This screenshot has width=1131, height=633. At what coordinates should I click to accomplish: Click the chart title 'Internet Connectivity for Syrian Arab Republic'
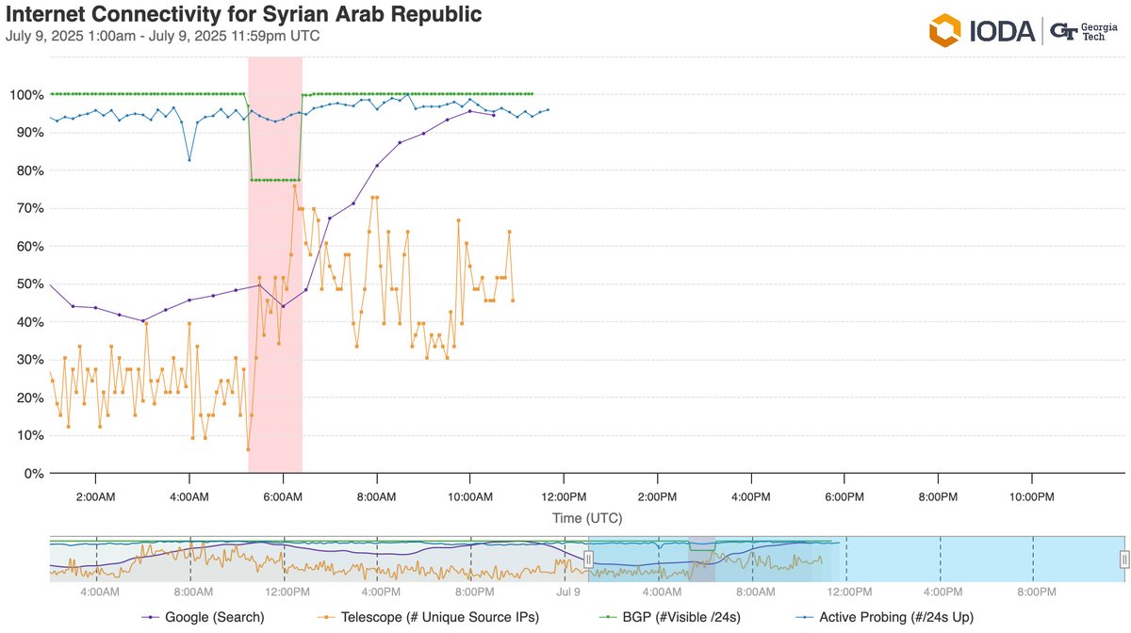click(x=243, y=15)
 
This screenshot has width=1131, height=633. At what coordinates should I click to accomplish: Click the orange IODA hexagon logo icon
click(x=944, y=30)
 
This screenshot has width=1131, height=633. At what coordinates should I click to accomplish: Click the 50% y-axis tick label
click(x=26, y=284)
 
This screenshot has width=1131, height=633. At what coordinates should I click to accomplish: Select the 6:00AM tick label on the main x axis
click(x=283, y=496)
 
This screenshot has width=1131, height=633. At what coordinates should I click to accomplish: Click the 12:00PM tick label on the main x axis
click(x=563, y=496)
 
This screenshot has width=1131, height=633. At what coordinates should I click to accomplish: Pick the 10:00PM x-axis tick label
click(x=1029, y=496)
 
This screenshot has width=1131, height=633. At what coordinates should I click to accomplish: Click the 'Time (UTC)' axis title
click(x=586, y=518)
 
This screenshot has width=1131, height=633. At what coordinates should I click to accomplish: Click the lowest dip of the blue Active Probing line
click(x=189, y=160)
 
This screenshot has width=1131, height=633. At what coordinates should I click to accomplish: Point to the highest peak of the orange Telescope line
click(x=295, y=186)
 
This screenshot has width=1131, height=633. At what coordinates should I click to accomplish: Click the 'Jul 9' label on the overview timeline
click(x=567, y=592)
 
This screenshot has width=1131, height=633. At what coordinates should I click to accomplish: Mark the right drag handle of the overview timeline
click(x=1123, y=560)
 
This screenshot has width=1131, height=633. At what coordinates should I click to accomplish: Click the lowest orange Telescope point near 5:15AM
click(x=248, y=449)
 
